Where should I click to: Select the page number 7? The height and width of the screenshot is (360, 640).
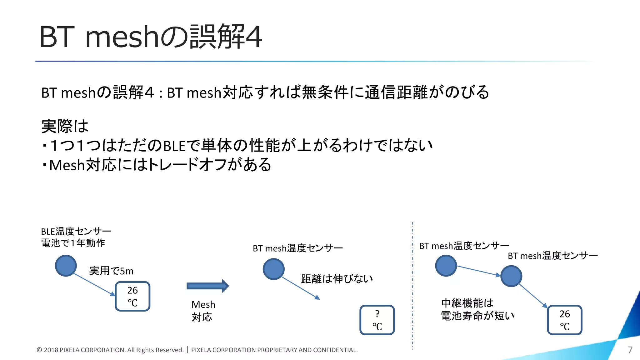pos(630,350)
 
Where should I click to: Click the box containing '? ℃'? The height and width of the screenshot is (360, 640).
pos(377,320)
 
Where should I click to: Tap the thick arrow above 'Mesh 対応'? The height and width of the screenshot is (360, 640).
pos(208,286)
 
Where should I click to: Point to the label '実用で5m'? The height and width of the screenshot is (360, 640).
pos(111,271)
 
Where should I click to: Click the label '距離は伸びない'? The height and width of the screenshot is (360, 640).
pos(337,278)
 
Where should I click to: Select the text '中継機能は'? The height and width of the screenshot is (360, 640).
pos(467,303)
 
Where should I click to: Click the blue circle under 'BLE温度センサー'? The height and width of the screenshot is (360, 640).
pos(66,266)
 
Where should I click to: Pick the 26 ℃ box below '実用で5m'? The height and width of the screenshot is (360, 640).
pos(132,296)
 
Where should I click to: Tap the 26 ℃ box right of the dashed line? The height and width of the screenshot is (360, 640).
pos(565,320)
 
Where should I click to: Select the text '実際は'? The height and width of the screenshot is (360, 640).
pos(65,126)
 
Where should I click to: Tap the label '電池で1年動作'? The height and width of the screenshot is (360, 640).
pos(73,243)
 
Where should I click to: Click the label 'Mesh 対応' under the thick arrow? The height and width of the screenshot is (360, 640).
pos(203,311)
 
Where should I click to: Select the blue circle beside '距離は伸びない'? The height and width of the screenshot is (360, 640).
pos(273,269)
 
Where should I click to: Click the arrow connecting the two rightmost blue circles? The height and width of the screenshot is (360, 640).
pos(478,271)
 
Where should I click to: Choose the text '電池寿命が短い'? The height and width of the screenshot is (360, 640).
pos(477,316)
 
